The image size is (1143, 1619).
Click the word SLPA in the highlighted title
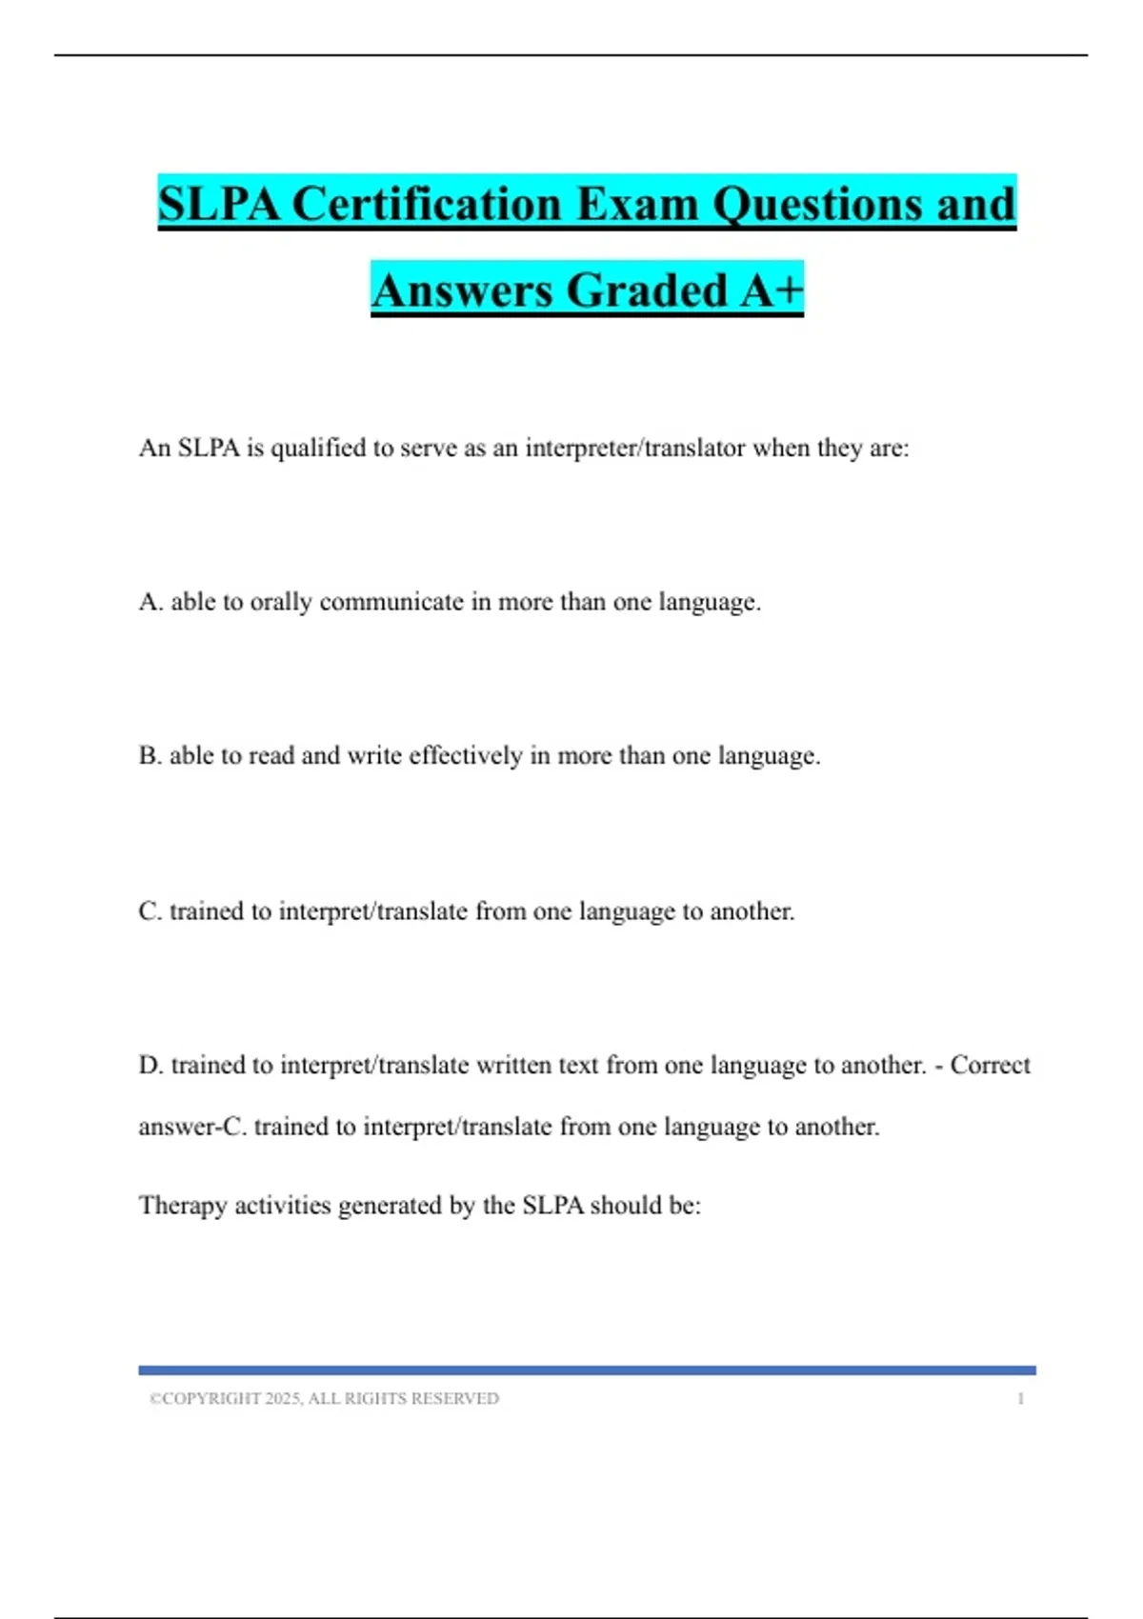coord(218,204)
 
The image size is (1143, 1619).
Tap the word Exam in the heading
coord(637,204)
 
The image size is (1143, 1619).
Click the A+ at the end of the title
coord(772,290)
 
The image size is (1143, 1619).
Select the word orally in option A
coord(281,602)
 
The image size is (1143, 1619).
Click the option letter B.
coord(150,756)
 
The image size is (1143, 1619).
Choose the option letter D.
coord(150,1065)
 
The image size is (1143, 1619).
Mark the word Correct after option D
coord(990,1065)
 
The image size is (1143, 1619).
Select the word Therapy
coord(183,1206)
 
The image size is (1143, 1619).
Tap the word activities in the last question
coord(283,1206)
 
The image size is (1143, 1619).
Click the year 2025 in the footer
coord(283,1399)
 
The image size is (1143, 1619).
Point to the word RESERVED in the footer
coord(454,1399)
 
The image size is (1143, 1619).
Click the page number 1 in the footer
coord(1020,1399)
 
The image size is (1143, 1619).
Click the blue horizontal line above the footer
coord(587,1370)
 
